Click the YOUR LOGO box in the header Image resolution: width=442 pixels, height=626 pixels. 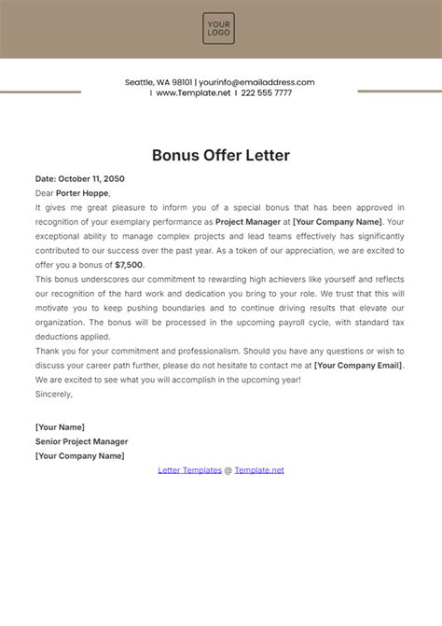coord(220,28)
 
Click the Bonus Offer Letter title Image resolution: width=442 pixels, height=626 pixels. coord(220,154)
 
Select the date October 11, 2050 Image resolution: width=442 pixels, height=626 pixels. coord(91,178)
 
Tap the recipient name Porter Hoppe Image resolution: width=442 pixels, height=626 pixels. coord(83,192)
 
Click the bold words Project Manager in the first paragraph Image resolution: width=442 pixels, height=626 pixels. coord(252,221)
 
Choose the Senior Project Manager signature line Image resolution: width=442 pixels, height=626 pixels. coord(81,441)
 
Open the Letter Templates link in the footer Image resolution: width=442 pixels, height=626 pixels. coord(189,470)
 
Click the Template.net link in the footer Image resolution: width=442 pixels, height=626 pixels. coord(259,470)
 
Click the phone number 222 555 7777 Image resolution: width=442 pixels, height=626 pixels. coord(266,93)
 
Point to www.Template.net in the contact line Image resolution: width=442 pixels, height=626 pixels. coord(193,93)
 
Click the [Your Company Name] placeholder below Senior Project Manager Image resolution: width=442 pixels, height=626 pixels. coord(79,455)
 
